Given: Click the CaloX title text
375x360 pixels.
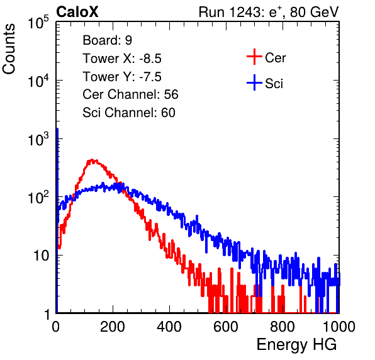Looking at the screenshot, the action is (77, 12).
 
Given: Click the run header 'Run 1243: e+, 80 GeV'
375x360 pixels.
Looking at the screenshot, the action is (269, 12).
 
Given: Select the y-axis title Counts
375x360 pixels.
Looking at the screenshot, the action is (9, 49).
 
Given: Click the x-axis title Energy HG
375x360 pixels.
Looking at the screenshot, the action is (296, 345).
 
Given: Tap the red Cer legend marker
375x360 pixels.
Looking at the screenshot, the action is (254, 57).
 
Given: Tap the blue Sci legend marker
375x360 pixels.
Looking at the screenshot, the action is (254, 83).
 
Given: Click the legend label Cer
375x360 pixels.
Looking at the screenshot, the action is (275, 58).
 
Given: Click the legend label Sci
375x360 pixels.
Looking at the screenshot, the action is (274, 84).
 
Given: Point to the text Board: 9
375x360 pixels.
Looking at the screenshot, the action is (107, 40).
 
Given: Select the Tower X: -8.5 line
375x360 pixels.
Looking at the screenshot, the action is (122, 59).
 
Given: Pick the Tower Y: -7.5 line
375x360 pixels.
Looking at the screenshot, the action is (122, 77).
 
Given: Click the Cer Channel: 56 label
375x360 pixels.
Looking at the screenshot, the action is (130, 94).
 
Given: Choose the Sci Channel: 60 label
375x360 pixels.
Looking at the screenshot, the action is (129, 113).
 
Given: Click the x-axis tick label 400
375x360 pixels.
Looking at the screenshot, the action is (169, 327).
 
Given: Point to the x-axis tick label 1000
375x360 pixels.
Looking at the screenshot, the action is (339, 327).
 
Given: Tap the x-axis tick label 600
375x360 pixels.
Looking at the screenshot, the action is (226, 327).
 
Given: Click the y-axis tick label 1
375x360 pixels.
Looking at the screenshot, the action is (47, 315).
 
